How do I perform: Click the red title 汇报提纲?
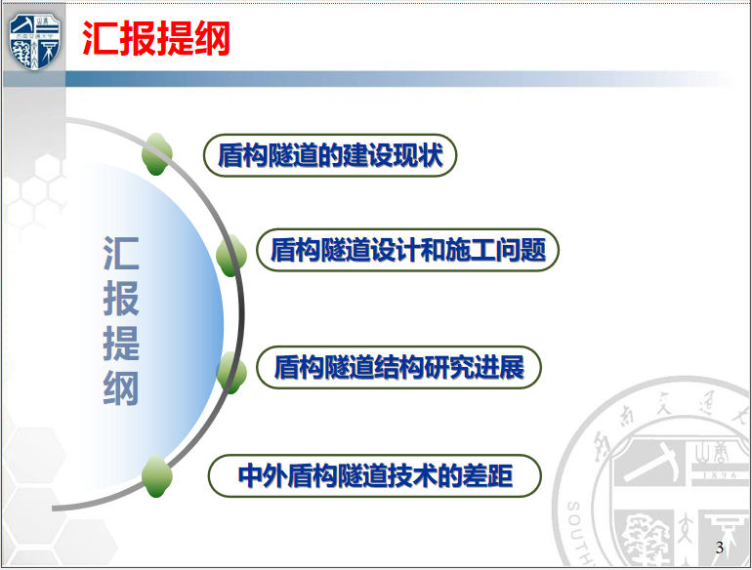pos(156,38)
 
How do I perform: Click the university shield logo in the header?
pos(34,42)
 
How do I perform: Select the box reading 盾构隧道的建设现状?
pos(330,155)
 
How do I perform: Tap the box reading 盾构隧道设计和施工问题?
pos(407,250)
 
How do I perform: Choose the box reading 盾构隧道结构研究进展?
pos(399,367)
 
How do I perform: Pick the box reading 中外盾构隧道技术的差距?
pos(375,475)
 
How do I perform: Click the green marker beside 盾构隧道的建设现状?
pos(157,154)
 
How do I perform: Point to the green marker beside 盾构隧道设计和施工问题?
pos(231,255)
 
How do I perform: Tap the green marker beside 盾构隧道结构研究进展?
pos(231,373)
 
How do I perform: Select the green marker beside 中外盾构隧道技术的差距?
pos(157,476)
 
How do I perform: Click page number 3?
pos(720,547)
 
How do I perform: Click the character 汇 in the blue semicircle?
pos(121,253)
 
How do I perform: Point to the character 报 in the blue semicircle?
pos(121,299)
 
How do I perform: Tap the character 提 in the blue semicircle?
pos(121,344)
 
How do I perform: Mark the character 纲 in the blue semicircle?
pos(121,388)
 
